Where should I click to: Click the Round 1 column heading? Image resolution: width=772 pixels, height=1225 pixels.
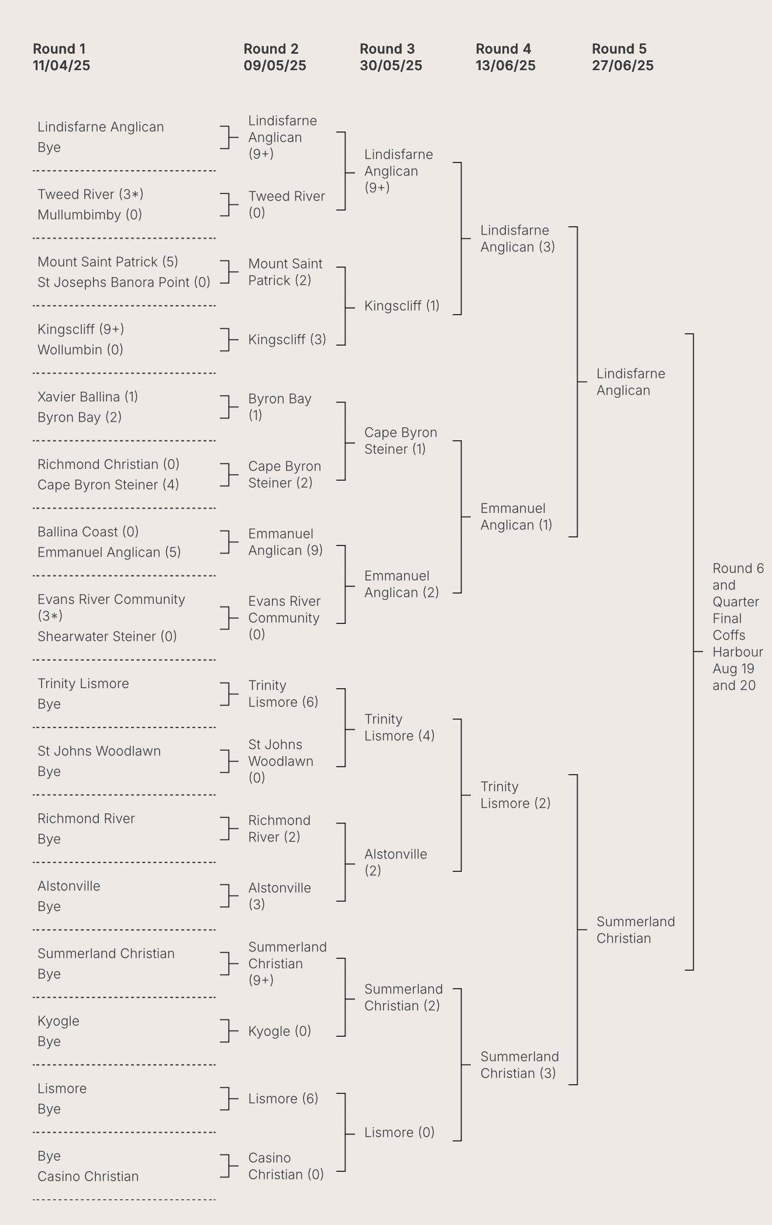pos(59,49)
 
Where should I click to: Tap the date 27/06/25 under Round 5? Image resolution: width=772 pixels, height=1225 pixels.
pos(622,65)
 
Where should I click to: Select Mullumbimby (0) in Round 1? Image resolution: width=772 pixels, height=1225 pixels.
pos(89,215)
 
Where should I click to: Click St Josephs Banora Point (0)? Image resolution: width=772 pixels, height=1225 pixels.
pos(123,282)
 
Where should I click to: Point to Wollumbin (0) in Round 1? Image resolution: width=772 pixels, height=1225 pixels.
pos(80,350)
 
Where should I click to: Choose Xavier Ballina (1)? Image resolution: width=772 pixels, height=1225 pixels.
pos(88,396)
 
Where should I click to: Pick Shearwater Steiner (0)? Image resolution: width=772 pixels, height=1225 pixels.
pos(107,636)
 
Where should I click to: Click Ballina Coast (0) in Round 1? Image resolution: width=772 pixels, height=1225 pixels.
pos(88,532)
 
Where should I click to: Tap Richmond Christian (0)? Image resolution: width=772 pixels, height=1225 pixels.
pos(108,464)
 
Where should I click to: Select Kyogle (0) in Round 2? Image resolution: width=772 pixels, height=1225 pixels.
pos(279,1031)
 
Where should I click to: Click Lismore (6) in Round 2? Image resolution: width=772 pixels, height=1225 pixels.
pos(283,1099)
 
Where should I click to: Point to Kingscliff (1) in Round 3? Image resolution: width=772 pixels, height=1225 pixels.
pos(401,306)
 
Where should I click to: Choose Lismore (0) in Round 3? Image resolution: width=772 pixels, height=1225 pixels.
pos(399,1133)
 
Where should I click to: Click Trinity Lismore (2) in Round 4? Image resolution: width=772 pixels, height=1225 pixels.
pos(515,795)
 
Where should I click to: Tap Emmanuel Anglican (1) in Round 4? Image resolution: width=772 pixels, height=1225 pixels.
pos(516,516)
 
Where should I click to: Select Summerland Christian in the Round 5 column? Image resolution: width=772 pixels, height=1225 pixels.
pos(635,930)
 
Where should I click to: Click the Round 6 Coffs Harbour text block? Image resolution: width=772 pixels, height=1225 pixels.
pos(737,627)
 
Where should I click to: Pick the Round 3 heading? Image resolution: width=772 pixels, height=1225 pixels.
pos(387,49)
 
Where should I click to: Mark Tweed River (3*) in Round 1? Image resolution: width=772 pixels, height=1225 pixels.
pos(90,194)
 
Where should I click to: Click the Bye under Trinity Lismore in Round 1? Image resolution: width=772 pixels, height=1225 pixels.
pos(49,704)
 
